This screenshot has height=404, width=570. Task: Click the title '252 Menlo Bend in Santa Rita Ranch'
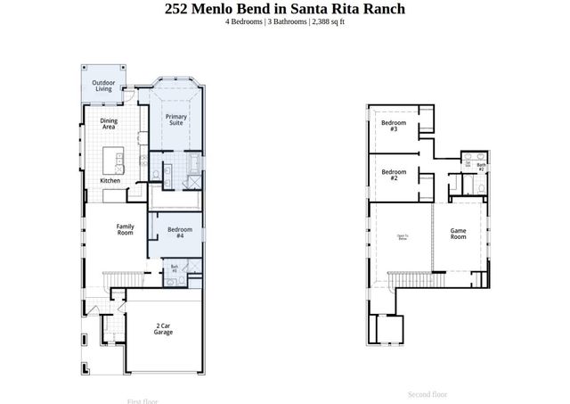tap(284, 9)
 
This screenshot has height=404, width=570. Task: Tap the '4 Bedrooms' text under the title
tap(244, 21)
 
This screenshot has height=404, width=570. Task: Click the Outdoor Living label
tap(103, 86)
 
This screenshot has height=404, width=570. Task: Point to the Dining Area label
tap(109, 124)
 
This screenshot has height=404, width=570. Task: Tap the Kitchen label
tap(110, 181)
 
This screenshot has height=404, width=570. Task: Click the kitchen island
tap(112, 161)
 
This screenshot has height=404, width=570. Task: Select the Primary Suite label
tap(175, 120)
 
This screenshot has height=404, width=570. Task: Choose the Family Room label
tap(126, 229)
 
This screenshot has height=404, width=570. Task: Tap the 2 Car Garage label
tap(164, 329)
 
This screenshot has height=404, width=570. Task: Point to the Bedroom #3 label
tap(394, 126)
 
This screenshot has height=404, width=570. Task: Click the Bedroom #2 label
tap(394, 175)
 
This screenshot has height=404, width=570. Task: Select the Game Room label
tap(458, 233)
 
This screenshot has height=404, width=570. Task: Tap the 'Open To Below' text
tap(403, 237)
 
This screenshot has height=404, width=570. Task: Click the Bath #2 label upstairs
tap(481, 167)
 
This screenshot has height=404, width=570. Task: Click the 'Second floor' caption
tap(427, 394)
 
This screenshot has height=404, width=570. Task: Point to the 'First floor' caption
tap(142, 400)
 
